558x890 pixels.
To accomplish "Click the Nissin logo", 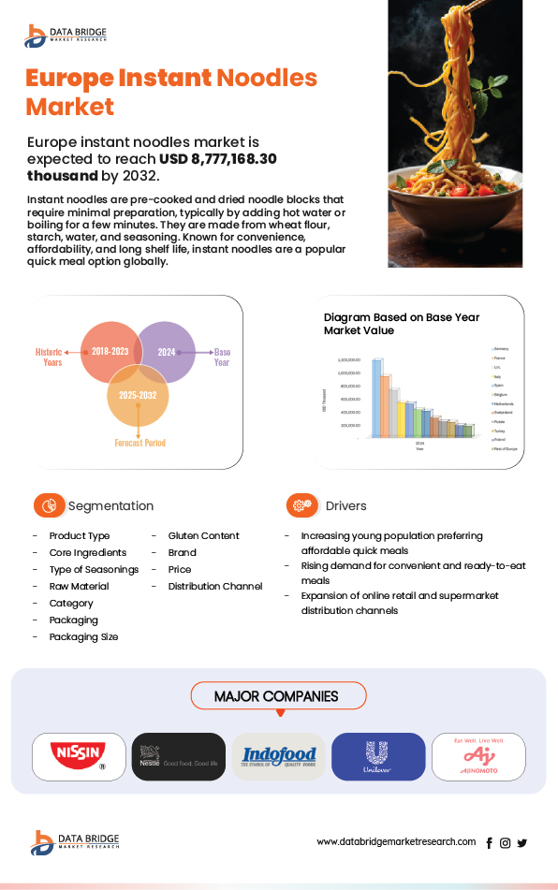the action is click(79, 756).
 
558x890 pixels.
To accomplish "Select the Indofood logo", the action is click(279, 756).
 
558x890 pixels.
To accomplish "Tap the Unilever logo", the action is click(378, 756).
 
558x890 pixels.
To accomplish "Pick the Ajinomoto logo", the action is click(478, 756).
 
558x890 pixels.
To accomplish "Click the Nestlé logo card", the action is click(178, 756).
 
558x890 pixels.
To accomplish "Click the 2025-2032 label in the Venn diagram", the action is click(138, 396).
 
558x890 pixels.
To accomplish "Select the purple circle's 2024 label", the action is click(167, 352).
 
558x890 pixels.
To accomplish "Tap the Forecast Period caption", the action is click(139, 443).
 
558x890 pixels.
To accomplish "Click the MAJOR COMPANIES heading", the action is click(276, 696).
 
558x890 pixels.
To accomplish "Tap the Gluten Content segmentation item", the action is click(203, 535).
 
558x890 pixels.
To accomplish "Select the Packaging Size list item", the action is click(84, 636).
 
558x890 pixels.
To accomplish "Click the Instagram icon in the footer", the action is click(506, 843).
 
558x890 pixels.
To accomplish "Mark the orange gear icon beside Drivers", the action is click(301, 505).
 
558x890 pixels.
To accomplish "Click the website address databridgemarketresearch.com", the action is click(396, 842).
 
